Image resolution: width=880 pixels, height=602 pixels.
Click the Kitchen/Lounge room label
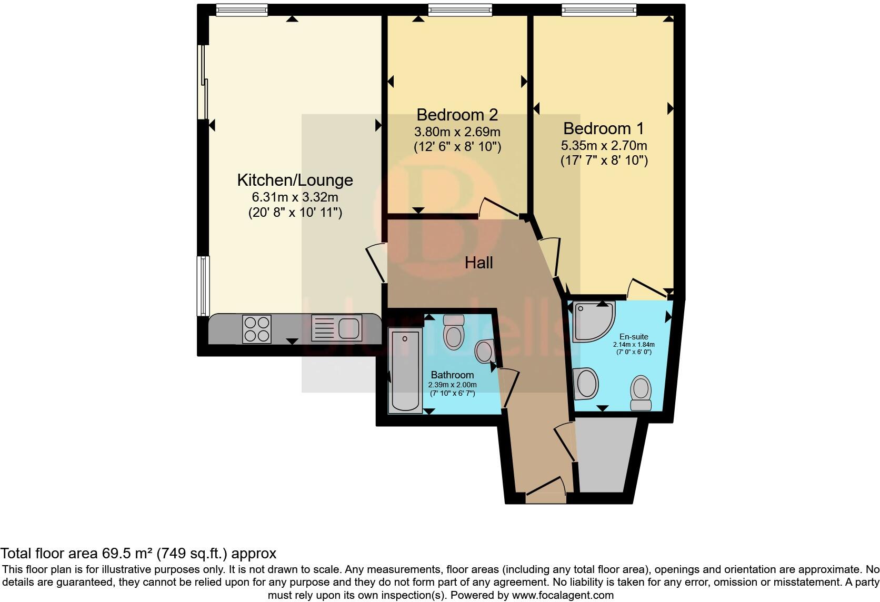[x=295, y=180]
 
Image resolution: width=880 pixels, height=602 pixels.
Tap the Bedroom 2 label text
[x=457, y=115]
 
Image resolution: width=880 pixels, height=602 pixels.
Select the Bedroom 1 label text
[x=604, y=128]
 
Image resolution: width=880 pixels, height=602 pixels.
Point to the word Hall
[x=478, y=263]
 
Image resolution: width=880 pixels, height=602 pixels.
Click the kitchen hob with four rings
[x=257, y=329]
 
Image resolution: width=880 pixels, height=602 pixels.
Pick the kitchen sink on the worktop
[x=336, y=328]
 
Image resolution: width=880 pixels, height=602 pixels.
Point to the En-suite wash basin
[x=586, y=383]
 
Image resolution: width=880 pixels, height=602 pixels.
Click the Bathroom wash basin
[x=485, y=351]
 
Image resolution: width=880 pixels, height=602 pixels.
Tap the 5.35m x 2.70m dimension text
[x=604, y=146]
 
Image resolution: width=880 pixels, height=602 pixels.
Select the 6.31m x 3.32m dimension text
[x=295, y=197]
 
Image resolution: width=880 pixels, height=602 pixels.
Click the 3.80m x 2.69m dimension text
[x=457, y=132]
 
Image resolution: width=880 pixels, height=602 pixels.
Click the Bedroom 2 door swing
[x=497, y=208]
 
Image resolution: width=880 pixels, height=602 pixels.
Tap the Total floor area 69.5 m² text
[x=138, y=553]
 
